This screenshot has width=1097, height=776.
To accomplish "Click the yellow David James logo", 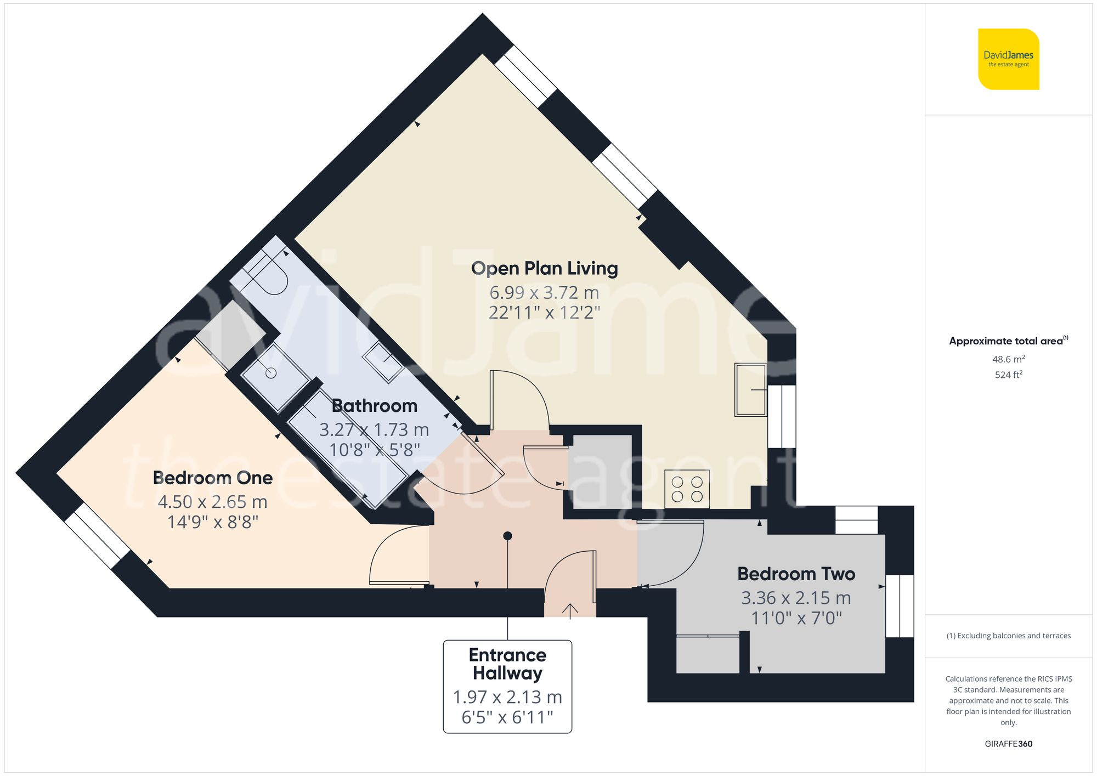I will (1008, 59).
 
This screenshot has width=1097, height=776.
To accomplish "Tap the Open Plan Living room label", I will (544, 268).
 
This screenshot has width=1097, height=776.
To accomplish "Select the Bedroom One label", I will (213, 478).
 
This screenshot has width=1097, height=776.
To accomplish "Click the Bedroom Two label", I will (796, 574).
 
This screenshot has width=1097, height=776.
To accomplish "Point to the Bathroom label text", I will (375, 406).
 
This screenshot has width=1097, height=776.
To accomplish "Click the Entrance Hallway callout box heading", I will (507, 664).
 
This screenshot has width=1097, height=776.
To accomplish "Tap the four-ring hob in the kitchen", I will (687, 489).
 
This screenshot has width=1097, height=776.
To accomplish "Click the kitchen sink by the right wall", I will (750, 389).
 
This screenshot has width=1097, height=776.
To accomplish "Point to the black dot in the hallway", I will (507, 536).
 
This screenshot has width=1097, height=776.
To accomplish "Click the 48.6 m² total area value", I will (1008, 359).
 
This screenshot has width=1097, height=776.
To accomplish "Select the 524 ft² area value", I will (1008, 375).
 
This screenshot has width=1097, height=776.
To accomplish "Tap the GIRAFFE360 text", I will (1008, 744).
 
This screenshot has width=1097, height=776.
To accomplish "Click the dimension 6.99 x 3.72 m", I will (544, 292).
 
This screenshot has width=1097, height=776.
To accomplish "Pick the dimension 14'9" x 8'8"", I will (213, 522).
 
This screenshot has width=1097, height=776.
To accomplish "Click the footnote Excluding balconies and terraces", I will (1008, 636).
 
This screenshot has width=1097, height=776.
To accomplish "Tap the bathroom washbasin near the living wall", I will (383, 361).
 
